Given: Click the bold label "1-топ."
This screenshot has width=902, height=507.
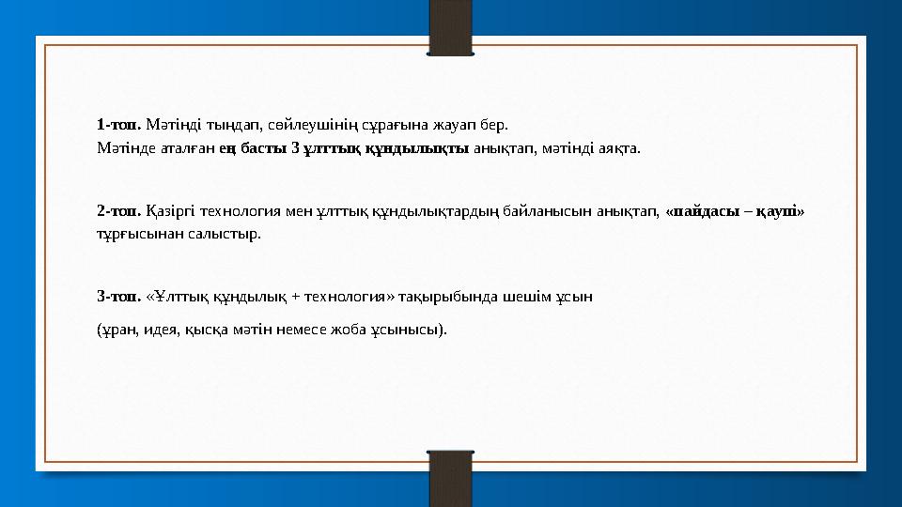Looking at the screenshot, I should [x=119, y=124].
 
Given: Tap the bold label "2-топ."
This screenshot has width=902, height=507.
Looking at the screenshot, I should [x=119, y=211].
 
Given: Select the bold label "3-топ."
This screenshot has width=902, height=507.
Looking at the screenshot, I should [x=119, y=297].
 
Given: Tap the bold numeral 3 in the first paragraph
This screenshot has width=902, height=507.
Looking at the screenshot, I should [x=296, y=147].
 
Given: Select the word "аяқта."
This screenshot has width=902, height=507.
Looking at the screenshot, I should [x=619, y=147].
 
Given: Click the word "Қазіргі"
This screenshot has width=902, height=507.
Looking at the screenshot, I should [x=168, y=211].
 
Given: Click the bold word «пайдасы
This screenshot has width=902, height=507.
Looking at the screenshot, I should [x=704, y=211].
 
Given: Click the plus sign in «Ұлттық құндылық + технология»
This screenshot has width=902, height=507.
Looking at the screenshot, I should [x=296, y=297].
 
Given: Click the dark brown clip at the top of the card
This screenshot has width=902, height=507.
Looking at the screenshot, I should [x=450, y=26].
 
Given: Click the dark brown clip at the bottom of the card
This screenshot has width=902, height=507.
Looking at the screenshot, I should [x=450, y=479].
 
